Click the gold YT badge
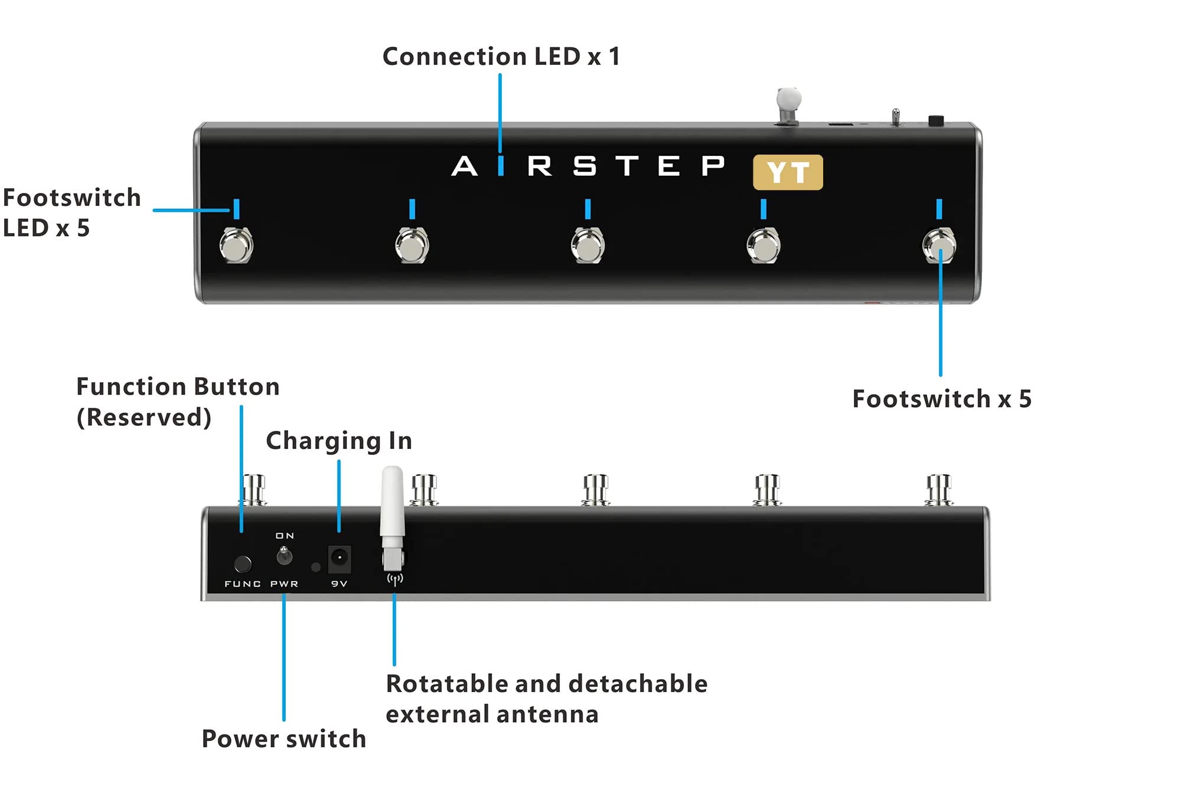788,172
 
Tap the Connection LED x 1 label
501,57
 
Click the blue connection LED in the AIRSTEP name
501,166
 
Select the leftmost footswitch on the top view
236,245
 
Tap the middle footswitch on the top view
588,245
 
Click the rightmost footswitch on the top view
939,245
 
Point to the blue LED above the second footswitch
412,209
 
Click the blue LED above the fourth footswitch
764,209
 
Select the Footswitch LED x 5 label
71,212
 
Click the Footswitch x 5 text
941,399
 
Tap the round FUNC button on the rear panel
242,564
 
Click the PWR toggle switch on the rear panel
284,555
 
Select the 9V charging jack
339,558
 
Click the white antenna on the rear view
392,507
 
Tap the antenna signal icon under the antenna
394,579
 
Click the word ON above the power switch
285,536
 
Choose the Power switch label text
283,739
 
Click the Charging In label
338,441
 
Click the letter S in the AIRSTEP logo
584,166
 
